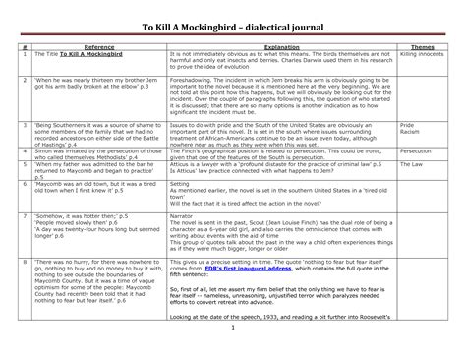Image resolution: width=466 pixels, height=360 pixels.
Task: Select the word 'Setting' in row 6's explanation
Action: [x=181, y=211]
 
